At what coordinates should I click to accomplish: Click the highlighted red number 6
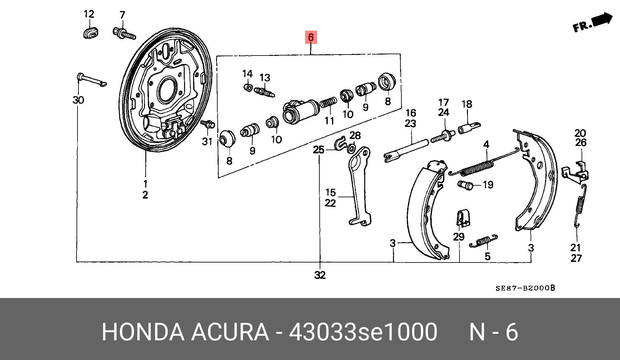tap(311, 37)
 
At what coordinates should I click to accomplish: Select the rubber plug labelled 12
tap(91, 33)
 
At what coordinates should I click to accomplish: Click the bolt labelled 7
tap(124, 33)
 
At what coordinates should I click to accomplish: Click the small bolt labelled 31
tap(207, 124)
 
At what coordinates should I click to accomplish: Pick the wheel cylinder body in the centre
tap(301, 111)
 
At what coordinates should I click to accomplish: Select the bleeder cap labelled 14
tap(247, 87)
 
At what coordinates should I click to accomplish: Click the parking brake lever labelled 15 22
tap(359, 186)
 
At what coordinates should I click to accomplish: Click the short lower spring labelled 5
tap(483, 241)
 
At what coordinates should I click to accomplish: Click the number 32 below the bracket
tap(320, 275)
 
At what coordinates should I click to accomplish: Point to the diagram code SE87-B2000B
tap(525, 288)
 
